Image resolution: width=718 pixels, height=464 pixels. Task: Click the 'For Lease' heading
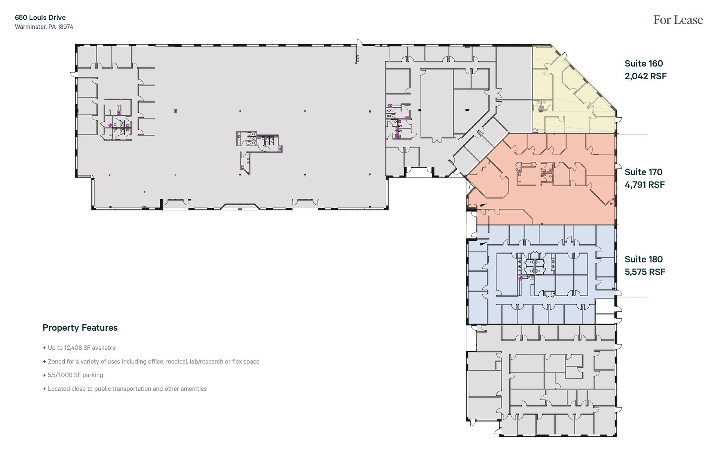click(678, 20)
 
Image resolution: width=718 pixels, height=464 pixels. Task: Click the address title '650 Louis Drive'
click(40, 18)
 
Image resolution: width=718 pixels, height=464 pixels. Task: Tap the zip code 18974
click(65, 27)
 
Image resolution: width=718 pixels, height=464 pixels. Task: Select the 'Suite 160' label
click(644, 64)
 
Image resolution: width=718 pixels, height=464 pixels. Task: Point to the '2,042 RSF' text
click(645, 76)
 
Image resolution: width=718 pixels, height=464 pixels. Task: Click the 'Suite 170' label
click(643, 172)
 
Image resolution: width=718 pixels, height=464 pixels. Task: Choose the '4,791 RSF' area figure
click(645, 185)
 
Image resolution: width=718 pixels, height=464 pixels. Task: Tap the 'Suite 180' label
click(644, 259)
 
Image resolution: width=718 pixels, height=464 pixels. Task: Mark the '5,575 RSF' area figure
click(645, 272)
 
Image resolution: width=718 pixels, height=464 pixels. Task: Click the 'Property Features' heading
click(80, 328)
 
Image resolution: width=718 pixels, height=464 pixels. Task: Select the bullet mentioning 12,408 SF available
click(79, 348)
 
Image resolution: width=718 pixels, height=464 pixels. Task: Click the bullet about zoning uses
click(151, 362)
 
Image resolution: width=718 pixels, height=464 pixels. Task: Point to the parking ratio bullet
click(73, 375)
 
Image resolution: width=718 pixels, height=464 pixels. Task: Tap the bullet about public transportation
click(125, 389)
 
